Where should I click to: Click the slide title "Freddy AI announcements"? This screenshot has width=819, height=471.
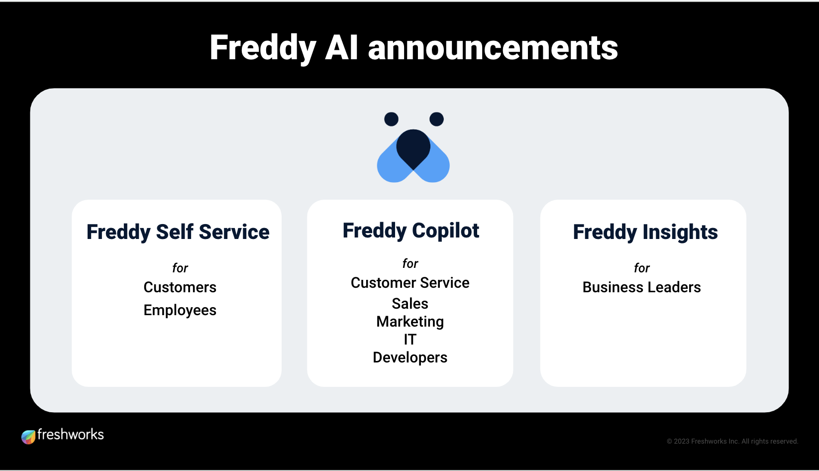[413, 48]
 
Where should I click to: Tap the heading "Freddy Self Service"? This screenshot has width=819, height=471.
[178, 232]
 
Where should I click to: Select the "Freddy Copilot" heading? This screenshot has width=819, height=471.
[410, 231]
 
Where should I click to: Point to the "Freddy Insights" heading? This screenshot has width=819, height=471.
[645, 232]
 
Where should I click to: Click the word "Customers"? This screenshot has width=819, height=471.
[180, 287]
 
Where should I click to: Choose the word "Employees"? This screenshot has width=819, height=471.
[180, 310]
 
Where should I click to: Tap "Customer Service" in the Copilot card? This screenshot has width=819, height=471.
[410, 283]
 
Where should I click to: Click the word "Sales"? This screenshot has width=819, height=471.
[409, 303]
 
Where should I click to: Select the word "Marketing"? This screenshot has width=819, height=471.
[410, 322]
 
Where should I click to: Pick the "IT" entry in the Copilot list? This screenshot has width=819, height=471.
[409, 340]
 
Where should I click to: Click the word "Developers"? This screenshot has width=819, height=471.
[410, 357]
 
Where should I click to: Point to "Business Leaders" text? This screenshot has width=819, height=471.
[641, 287]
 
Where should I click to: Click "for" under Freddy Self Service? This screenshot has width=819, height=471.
[180, 268]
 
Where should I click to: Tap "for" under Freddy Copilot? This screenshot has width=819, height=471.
[410, 263]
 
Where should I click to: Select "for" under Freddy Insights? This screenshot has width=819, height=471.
[642, 268]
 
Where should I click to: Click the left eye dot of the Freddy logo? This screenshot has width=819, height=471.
[391, 119]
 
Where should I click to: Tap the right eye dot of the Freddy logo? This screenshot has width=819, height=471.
[436, 119]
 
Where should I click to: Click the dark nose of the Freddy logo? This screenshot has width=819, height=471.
[413, 147]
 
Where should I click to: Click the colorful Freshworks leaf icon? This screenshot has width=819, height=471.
[28, 437]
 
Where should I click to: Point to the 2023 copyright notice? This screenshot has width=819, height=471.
[732, 441]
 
